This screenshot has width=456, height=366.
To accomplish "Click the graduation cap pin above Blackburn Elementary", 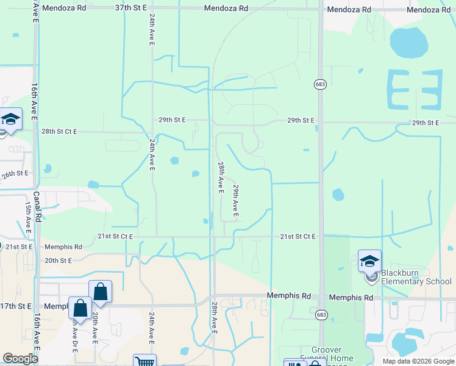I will click(x=369, y=262).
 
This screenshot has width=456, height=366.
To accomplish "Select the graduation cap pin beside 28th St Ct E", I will click(x=10, y=119).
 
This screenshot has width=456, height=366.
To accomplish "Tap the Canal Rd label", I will click(x=37, y=207).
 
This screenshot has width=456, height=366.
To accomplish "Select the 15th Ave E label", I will click(x=28, y=213).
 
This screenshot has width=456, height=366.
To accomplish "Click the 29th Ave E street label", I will click(x=235, y=202).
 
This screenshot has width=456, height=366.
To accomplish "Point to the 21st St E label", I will click(x=19, y=246).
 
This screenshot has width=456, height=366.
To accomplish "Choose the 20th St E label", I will click(x=58, y=260).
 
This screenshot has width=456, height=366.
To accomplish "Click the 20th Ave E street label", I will click(x=96, y=329).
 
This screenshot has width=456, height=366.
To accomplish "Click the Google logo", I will click(x=20, y=359).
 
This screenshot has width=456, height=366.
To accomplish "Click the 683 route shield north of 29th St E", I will click(x=319, y=84).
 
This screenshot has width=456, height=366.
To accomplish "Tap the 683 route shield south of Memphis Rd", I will click(x=320, y=315).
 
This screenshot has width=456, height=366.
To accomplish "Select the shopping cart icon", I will click(x=144, y=362).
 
